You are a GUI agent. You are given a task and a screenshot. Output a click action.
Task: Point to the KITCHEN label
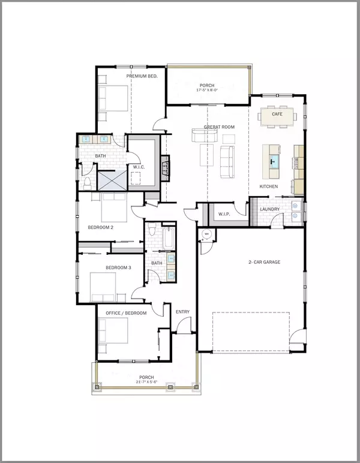point(268,187)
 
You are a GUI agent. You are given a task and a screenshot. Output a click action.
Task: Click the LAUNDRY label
point(270,209)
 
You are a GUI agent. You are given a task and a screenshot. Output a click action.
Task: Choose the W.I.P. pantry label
point(225,214)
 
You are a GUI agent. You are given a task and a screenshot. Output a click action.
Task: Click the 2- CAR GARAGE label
point(265,262)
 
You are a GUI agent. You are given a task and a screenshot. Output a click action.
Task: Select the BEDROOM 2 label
point(101,227)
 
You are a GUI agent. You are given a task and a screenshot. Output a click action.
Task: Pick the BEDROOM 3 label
point(118,267)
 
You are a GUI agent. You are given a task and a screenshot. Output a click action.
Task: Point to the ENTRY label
point(182,312)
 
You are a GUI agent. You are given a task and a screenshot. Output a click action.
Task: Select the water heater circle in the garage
point(206,234)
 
